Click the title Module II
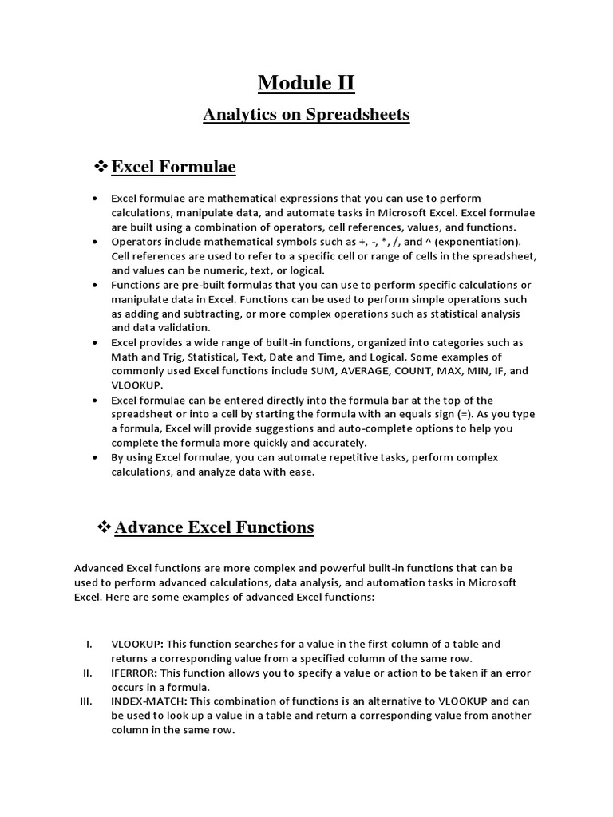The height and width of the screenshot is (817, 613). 306,82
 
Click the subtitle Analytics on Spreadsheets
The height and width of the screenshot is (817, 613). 306,114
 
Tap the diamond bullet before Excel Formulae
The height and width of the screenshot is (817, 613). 101,167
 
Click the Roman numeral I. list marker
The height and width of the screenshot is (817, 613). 90,644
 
